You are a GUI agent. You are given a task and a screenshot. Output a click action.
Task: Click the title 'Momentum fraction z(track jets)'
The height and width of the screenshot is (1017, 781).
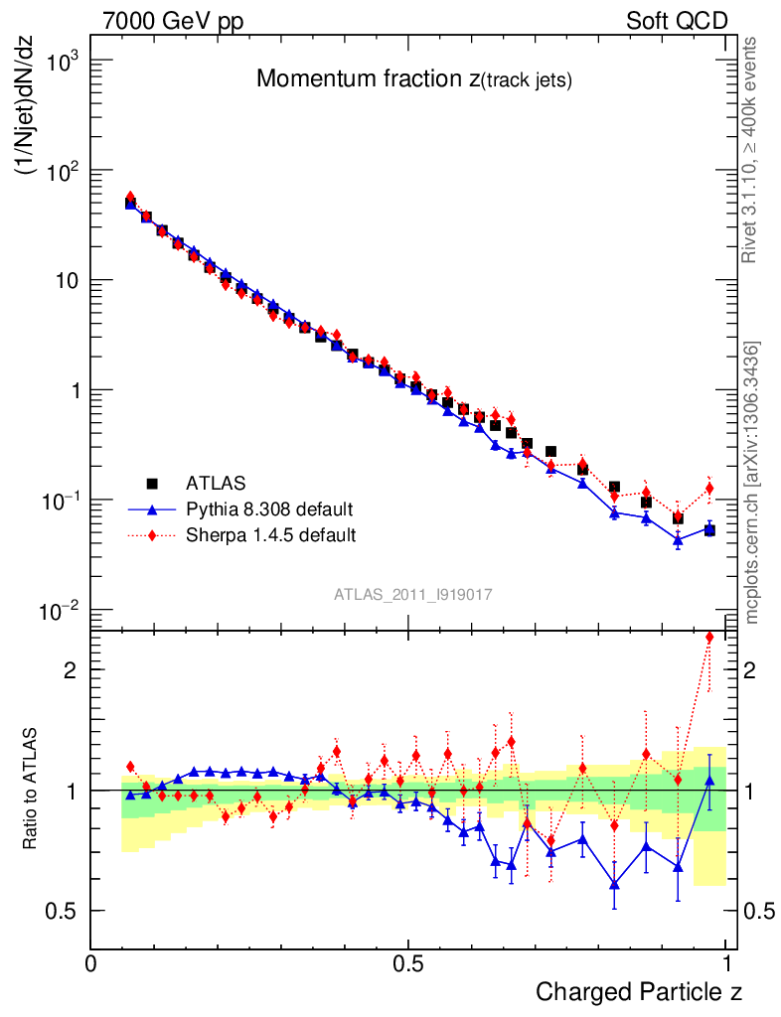click(413, 80)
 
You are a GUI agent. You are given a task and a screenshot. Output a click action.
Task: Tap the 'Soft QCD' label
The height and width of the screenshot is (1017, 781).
click(677, 21)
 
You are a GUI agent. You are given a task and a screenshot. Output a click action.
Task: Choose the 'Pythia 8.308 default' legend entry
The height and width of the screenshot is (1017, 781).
click(269, 509)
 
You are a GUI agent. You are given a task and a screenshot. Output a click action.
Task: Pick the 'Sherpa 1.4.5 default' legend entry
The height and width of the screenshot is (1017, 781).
click(271, 535)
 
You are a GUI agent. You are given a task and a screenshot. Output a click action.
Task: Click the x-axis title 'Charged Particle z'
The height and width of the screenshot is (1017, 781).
click(638, 992)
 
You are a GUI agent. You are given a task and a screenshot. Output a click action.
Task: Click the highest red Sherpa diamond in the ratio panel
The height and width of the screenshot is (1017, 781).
click(709, 638)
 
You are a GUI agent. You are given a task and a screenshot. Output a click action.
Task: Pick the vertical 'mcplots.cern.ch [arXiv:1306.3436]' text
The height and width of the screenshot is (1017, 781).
click(753, 482)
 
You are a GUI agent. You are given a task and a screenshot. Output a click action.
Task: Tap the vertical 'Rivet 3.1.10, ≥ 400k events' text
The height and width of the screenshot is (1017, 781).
click(751, 151)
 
